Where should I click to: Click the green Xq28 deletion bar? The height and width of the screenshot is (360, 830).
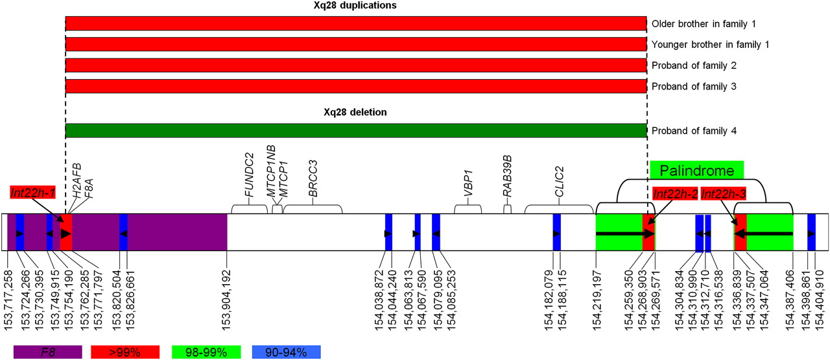(356, 130)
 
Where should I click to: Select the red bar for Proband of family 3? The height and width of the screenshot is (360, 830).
(356, 86)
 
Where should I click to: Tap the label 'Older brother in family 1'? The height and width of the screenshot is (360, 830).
(704, 24)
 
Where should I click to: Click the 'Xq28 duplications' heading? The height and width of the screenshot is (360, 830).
(355, 5)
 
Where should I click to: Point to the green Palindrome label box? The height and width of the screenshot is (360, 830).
(697, 171)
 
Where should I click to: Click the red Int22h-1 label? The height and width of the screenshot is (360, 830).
(33, 193)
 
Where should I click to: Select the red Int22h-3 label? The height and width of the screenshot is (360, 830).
(723, 193)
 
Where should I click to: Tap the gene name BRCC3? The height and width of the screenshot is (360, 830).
(313, 178)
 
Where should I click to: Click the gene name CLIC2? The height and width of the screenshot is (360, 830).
(559, 182)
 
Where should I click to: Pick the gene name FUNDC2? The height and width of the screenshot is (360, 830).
(249, 174)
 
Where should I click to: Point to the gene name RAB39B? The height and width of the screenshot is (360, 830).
(507, 176)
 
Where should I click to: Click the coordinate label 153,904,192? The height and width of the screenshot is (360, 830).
(226, 300)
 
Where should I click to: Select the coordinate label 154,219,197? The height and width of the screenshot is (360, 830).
(596, 300)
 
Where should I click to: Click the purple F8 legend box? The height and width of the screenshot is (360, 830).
(48, 352)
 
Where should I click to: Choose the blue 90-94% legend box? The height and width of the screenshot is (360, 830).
(286, 352)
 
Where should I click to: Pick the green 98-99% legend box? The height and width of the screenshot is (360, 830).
(206, 352)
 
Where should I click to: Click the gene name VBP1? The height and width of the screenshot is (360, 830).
(468, 183)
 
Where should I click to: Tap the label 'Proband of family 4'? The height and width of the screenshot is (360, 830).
(694, 131)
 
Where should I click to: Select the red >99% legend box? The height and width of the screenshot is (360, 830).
(125, 352)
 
